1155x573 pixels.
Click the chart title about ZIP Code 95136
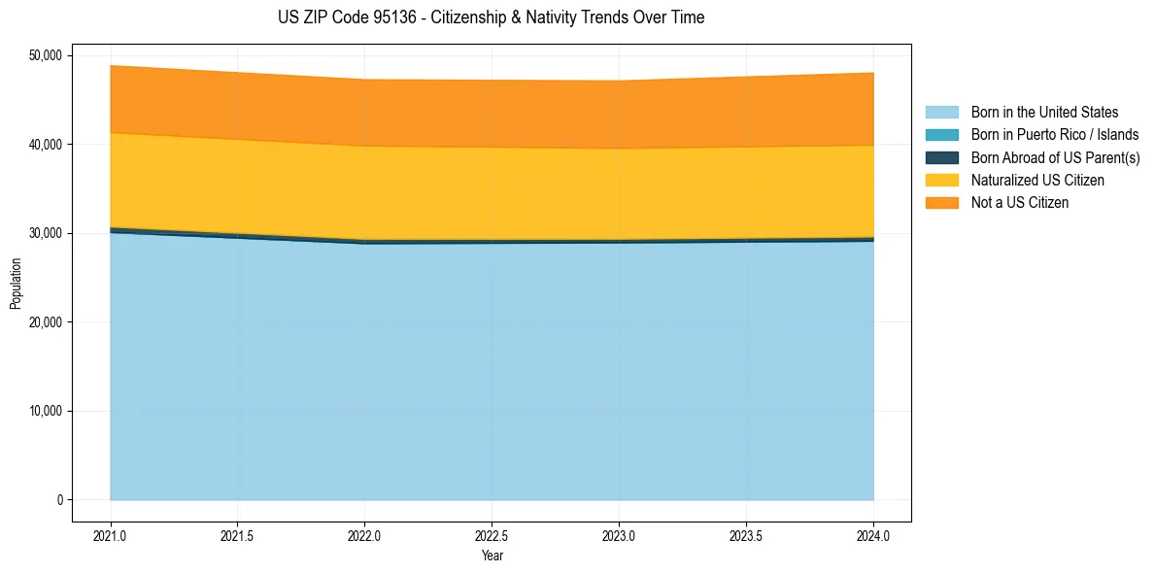(492, 17)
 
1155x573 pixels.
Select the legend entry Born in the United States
(1044, 113)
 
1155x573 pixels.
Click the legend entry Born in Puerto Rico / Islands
(1055, 135)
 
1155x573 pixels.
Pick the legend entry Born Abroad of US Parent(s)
(1055, 157)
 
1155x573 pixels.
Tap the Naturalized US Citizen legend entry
(1037, 180)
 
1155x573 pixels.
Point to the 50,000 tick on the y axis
(45, 55)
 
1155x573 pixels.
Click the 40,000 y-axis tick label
(45, 145)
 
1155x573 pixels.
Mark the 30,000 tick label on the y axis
(45, 233)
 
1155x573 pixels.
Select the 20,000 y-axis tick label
(45, 322)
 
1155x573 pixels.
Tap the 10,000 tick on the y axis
(45, 411)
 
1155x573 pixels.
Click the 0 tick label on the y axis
(59, 500)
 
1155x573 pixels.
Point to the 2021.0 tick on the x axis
(111, 535)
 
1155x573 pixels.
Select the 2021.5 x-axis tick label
(238, 535)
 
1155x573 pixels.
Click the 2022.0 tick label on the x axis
(365, 535)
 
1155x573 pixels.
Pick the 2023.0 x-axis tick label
(620, 535)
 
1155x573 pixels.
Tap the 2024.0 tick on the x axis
(873, 535)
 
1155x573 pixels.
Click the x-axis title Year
(493, 556)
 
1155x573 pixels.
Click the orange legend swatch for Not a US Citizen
(941, 202)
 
